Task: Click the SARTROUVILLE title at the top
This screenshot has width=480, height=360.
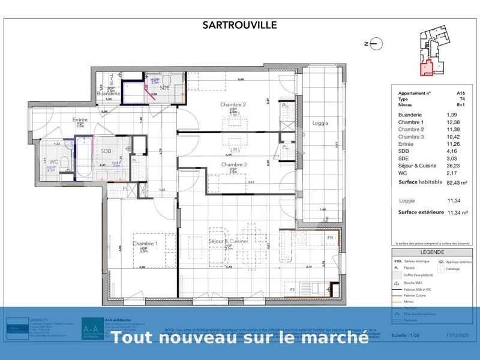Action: tap(239, 25)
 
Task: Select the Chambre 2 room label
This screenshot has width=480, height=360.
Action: tap(233, 104)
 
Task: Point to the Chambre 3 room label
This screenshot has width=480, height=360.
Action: tap(234, 164)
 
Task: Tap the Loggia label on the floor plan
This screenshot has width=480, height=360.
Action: tap(320, 123)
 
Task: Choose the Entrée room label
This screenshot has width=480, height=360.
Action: tap(80, 119)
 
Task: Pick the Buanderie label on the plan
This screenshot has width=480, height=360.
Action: tap(109, 94)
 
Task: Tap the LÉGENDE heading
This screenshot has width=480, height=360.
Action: tap(432, 253)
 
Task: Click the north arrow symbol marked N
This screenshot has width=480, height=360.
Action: tap(372, 43)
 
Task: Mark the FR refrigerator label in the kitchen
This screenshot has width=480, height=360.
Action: tap(330, 238)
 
